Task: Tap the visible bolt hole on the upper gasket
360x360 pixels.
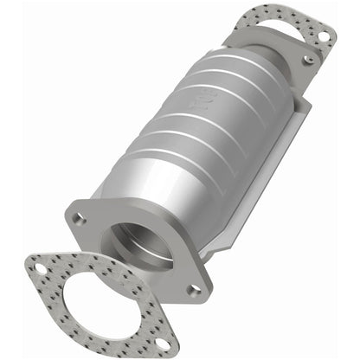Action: pyautogui.click(x=322, y=37)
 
